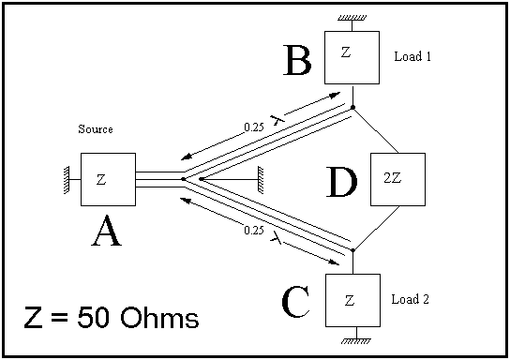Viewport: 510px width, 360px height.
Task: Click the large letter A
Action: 107,232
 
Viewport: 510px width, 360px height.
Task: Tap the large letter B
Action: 297,60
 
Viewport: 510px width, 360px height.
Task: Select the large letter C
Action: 295,302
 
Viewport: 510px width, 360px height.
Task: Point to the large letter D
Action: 341,182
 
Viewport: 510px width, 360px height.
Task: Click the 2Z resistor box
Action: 397,179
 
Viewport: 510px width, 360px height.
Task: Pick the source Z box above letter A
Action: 109,179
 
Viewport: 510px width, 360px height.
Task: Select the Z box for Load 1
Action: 352,57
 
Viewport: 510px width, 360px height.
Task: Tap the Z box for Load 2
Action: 352,301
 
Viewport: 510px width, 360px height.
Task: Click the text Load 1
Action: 412,56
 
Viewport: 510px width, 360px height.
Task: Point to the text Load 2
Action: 410,299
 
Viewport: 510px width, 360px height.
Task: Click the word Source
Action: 96,129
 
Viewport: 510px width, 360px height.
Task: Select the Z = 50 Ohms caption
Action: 112,317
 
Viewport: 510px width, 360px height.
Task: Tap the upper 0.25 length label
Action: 254,127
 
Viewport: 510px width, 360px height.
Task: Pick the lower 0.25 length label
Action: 254,231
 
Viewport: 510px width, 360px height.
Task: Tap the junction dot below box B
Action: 352,107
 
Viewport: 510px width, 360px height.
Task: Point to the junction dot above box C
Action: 352,250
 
